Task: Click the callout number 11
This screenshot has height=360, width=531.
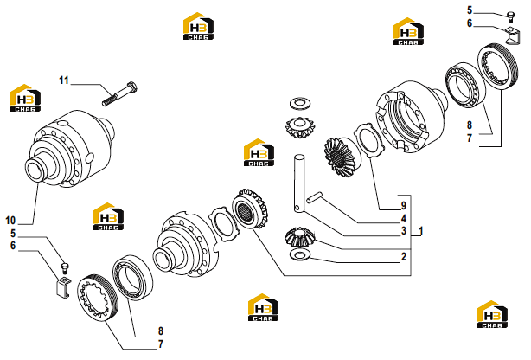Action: click(x=64, y=80)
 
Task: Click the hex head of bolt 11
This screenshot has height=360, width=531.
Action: click(x=131, y=87)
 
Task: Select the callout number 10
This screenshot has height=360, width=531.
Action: click(x=10, y=221)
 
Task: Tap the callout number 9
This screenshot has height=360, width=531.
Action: click(x=403, y=205)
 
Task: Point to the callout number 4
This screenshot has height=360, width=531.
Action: click(x=404, y=218)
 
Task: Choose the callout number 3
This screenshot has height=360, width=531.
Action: click(x=404, y=231)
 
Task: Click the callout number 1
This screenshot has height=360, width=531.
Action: click(x=421, y=231)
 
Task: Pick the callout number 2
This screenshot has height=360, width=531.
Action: click(x=404, y=257)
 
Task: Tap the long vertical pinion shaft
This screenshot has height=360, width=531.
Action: click(x=299, y=183)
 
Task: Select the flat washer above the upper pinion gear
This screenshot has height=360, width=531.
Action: click(x=300, y=103)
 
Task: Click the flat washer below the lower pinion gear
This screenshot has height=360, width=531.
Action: click(x=300, y=254)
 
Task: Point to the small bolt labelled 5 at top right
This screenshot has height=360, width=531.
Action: click(x=511, y=16)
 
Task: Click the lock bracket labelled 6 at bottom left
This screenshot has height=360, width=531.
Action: click(x=62, y=288)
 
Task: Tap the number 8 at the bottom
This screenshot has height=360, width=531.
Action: click(x=161, y=331)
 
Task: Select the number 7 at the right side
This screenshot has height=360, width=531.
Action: click(x=470, y=138)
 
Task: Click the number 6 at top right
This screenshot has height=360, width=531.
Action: click(x=470, y=23)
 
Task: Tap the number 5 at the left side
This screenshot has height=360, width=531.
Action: click(x=13, y=234)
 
